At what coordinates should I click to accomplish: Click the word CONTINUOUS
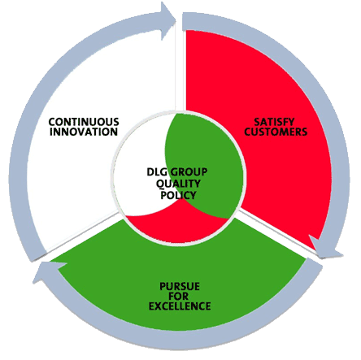[x=84, y=122]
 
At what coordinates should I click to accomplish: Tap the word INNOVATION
[x=84, y=132]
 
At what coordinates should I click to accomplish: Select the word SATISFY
[x=274, y=122]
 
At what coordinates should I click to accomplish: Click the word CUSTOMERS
[x=276, y=132]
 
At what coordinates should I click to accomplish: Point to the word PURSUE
[x=180, y=287]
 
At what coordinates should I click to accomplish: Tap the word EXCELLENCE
[x=180, y=306]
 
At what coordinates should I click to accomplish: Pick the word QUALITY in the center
[x=178, y=184]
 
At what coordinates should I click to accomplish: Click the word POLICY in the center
[x=178, y=195]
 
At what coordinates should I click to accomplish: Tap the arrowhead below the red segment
[x=325, y=248]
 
